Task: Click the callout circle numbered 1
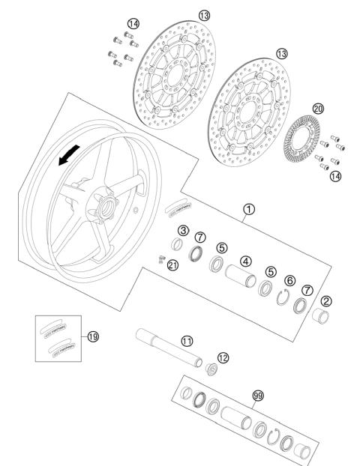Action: [248, 212]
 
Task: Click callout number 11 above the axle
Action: [187, 341]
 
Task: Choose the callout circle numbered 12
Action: [221, 357]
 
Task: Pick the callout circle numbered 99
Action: [259, 395]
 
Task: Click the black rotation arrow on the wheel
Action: [68, 154]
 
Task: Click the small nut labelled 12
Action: [211, 370]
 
